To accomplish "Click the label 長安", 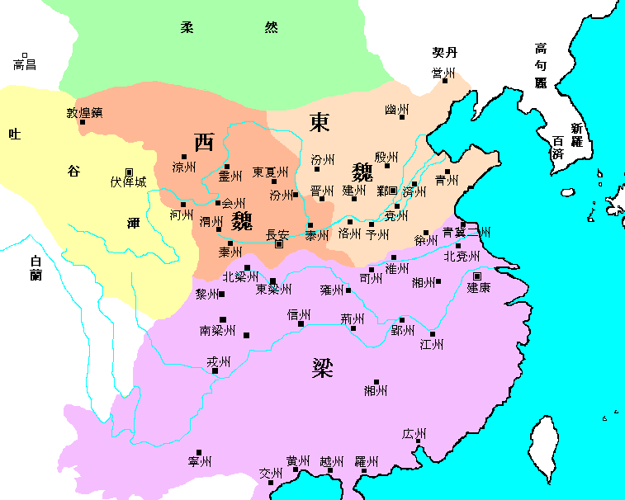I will pos(277,234).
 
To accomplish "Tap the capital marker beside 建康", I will pos(477,276).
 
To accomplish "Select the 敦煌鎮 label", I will pos(83,112).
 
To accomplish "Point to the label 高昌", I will pos(25,64).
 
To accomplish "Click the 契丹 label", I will pos(444,52).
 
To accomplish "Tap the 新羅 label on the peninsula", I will pos(575,135).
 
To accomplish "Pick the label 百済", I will pos(557,148).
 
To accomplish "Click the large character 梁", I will pos(322,367).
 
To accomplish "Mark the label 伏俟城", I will pos(128,182).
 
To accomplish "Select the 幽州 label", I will pos(397,110).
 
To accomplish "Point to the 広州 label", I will pos(414,434).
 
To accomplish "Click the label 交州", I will pos(271,474).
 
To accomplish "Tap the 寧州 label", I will pos(201,461).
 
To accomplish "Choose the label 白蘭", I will pos(35,267).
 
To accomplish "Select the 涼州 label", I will pos(184,167).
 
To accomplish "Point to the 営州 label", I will pos(443,73).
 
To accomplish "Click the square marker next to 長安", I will pos(279,244).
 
